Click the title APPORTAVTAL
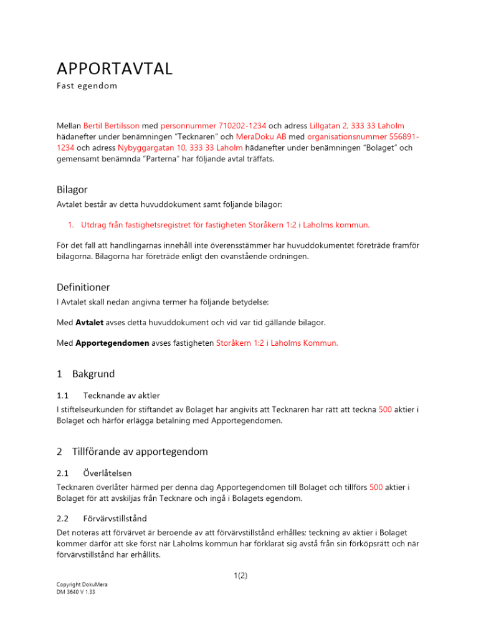tap(114, 69)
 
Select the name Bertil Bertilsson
tap(112, 126)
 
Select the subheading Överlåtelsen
tap(107, 473)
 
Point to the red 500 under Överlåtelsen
tap(376, 487)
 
